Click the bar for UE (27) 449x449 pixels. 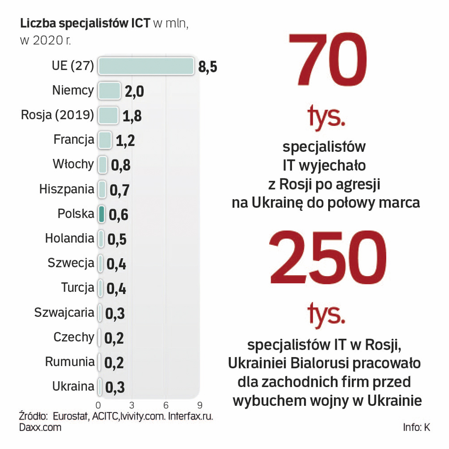[146, 66]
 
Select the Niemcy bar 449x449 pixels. [109, 91]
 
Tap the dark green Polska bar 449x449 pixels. [101, 214]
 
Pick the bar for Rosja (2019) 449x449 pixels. [108, 115]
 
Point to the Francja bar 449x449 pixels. [105, 140]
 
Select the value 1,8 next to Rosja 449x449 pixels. [132, 116]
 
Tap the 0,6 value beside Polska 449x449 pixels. [118, 215]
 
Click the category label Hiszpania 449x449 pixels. [67, 189]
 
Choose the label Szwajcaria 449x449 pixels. [64, 312]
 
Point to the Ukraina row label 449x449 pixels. [73, 386]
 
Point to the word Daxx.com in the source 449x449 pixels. [40, 427]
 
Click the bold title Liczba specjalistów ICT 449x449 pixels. [85, 25]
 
